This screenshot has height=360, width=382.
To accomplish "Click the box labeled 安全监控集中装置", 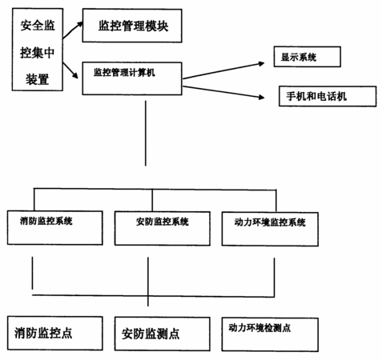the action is tap(38, 50).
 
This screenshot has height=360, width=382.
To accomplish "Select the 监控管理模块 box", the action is tap(132, 26).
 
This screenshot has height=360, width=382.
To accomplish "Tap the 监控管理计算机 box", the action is tap(132, 78).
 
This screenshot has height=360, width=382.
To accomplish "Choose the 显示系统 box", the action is tap(308, 57).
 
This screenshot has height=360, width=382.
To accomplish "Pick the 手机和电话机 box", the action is tap(328, 96).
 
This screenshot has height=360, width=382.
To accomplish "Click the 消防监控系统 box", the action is tap(55, 228).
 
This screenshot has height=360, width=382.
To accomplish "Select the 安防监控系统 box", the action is tap(163, 229).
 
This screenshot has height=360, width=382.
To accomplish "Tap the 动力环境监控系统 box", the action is tap(270, 229).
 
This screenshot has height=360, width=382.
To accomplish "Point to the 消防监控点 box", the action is tap(55, 333).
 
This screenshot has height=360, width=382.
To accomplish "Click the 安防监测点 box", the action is tap(163, 334).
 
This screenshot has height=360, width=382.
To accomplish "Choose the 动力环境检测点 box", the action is tap(270, 334).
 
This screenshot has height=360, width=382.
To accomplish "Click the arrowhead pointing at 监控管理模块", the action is tap(79, 25).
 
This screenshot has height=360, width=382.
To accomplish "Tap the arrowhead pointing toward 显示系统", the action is tap(261, 63).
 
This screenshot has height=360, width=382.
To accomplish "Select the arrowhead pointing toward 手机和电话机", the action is tap(261, 97).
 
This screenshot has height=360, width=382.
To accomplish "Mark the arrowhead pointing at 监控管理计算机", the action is tap(74, 75).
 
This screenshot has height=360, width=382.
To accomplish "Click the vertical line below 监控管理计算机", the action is tap(146, 133).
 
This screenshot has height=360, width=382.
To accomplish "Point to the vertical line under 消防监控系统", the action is tap(33, 273).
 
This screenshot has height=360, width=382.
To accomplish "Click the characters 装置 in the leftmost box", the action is tap(38, 79).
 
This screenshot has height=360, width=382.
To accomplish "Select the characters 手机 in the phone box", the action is tap(296, 96).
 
